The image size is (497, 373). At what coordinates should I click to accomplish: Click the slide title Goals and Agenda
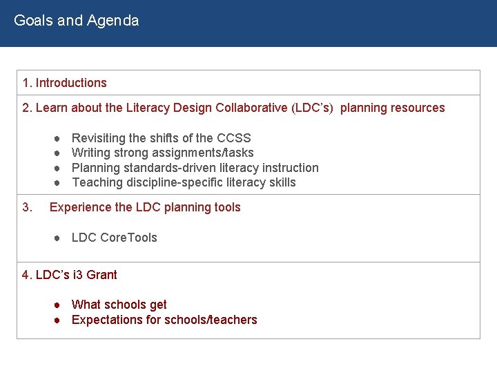click(x=76, y=21)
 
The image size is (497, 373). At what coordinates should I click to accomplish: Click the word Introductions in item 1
click(x=71, y=83)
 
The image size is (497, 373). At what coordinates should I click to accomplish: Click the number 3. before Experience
click(x=28, y=207)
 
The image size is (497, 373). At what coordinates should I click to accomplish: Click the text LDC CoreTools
click(x=115, y=238)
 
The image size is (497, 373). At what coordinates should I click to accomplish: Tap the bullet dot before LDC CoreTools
click(x=58, y=238)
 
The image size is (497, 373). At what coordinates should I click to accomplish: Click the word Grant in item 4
click(x=101, y=275)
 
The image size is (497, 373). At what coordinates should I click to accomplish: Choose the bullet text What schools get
click(x=119, y=305)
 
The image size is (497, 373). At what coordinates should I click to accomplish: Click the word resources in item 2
click(x=418, y=108)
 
